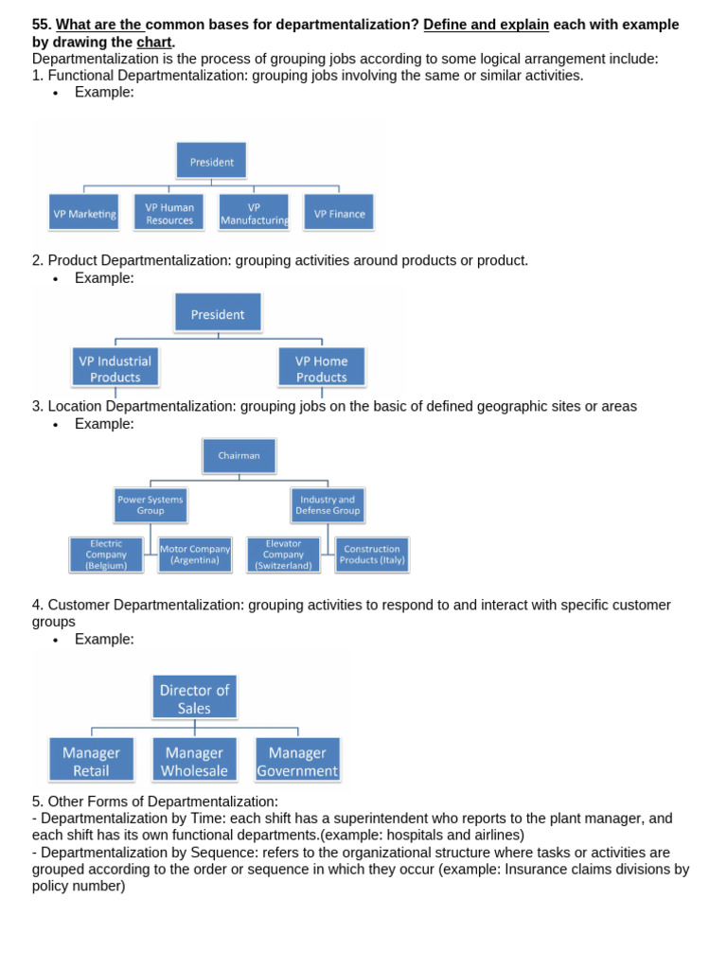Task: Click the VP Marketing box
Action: (84, 213)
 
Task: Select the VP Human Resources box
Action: (169, 213)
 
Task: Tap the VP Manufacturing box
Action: (254, 213)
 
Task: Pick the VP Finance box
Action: (339, 213)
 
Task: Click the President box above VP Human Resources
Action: (211, 161)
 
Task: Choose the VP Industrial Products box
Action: (115, 368)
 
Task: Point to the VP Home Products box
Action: (321, 368)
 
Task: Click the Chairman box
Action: (239, 455)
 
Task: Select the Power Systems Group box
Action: (151, 504)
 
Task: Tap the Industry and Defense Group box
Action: (327, 504)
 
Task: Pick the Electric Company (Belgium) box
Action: (106, 555)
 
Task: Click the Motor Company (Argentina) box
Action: (195, 555)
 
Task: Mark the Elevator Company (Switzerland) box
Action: (283, 555)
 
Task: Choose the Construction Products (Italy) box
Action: (372, 555)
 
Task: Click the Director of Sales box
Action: (194, 698)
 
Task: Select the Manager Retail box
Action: (91, 761)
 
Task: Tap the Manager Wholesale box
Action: (194, 761)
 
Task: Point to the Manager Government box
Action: (297, 761)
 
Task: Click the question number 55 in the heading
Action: (41, 25)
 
